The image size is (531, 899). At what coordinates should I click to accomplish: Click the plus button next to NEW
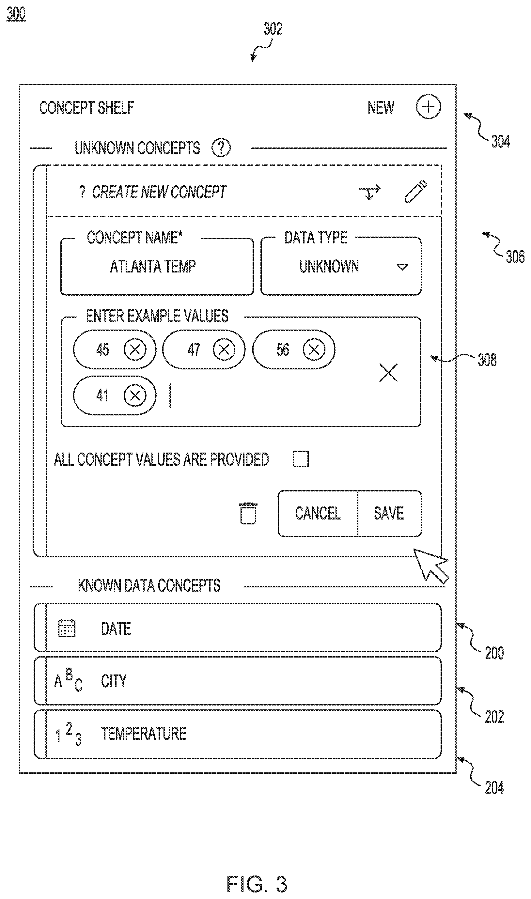(428, 107)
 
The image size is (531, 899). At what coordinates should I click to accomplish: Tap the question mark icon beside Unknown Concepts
(221, 148)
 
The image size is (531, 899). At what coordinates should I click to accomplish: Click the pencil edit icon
(416, 192)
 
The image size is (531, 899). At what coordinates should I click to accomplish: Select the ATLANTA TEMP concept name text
(153, 266)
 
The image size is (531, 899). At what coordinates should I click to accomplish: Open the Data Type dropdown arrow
(402, 267)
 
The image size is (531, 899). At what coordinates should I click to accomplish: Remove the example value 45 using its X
(135, 349)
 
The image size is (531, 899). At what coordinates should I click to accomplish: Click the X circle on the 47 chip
(224, 349)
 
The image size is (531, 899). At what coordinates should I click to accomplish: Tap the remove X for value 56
(314, 349)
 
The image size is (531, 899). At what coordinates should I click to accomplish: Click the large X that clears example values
(388, 373)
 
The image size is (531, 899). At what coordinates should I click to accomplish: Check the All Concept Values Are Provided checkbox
(301, 459)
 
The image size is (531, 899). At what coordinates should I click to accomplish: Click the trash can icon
(248, 513)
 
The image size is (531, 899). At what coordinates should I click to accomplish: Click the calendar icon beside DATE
(67, 628)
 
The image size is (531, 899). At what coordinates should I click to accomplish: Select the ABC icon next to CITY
(68, 680)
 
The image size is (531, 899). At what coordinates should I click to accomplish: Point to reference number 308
(487, 360)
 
